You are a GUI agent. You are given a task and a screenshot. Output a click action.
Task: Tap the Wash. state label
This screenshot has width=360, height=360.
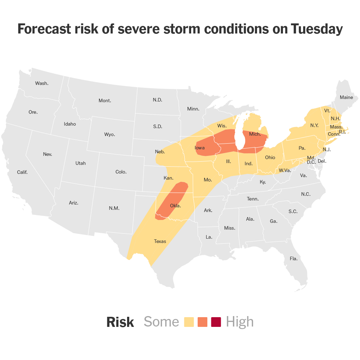pyautogui.click(x=42, y=83)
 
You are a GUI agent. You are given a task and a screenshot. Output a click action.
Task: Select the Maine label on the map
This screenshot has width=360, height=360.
pyautogui.click(x=346, y=97)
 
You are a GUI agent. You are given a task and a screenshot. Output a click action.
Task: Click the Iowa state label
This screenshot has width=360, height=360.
pyautogui.click(x=200, y=148)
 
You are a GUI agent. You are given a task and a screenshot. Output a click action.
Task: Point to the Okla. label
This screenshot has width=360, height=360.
pyautogui.click(x=175, y=206)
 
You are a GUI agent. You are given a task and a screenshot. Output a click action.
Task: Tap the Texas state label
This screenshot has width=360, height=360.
pyautogui.click(x=160, y=241)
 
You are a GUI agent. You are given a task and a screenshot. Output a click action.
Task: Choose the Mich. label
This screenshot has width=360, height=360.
pyautogui.click(x=255, y=134)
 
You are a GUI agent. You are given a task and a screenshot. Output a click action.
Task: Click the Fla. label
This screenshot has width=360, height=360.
pyautogui.click(x=294, y=258)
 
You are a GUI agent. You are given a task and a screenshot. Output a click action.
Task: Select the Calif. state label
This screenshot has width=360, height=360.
pyautogui.click(x=22, y=172)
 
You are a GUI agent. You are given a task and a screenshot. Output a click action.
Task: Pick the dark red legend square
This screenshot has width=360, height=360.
pyautogui.click(x=216, y=322)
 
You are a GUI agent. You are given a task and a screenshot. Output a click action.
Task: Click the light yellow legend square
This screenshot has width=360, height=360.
pyautogui.click(x=189, y=322)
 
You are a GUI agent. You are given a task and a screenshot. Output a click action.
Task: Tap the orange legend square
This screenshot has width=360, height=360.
pyautogui.click(x=203, y=322)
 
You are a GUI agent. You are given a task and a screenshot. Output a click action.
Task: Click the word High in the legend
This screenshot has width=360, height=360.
pyautogui.click(x=240, y=322)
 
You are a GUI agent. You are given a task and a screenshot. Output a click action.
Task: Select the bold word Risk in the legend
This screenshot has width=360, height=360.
pyautogui.click(x=120, y=322)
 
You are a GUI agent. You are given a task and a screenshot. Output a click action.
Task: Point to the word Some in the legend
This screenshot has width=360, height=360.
pyautogui.click(x=161, y=322)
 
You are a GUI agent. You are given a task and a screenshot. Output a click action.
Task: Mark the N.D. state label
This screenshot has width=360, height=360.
pyautogui.click(x=157, y=100)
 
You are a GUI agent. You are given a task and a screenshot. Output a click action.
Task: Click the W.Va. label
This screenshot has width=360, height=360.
pyautogui.click(x=284, y=170)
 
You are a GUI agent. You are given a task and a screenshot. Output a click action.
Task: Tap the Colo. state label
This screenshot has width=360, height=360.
pyautogui.click(x=121, y=172)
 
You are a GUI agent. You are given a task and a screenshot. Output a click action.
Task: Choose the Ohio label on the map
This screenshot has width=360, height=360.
pyautogui.click(x=270, y=157)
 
